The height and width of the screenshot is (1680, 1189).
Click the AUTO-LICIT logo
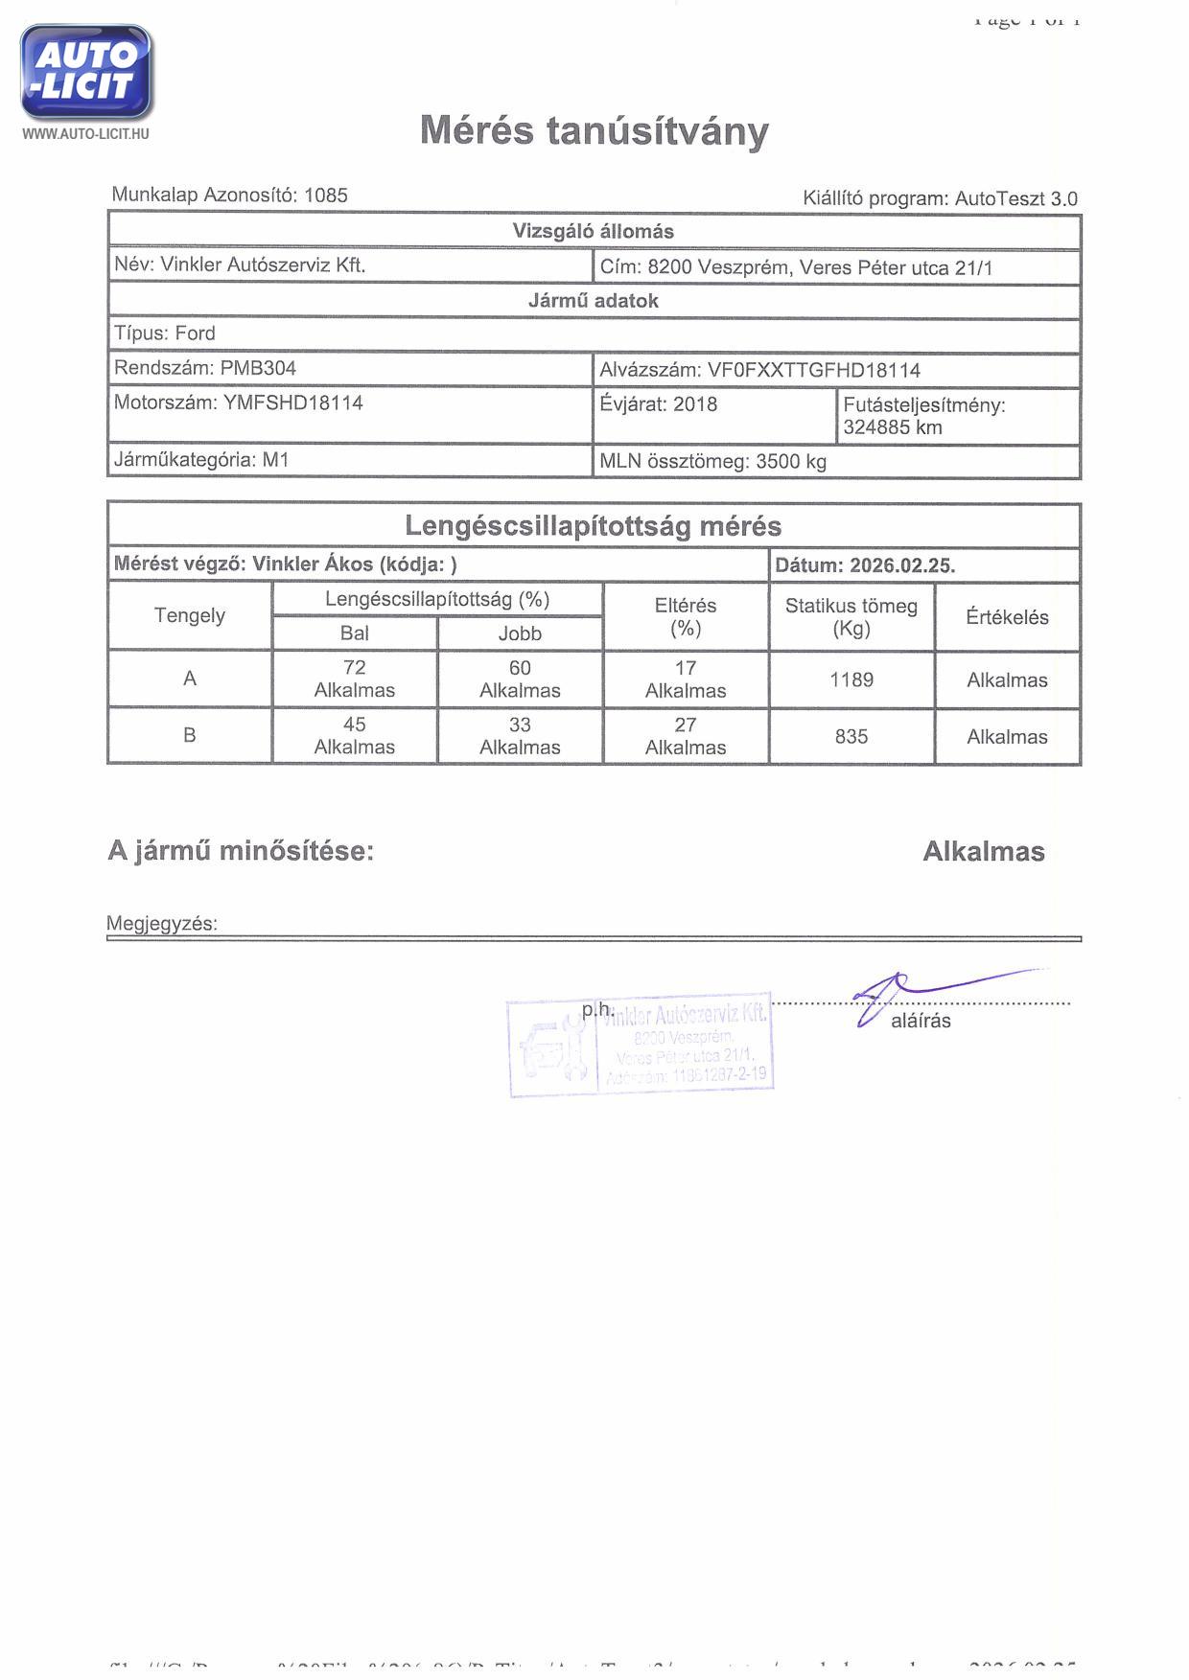(86, 72)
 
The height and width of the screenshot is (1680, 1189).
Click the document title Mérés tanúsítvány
(594, 130)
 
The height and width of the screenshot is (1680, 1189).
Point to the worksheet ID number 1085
(326, 196)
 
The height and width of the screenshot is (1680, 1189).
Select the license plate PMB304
(258, 368)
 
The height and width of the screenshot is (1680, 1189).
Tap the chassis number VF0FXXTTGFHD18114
(813, 371)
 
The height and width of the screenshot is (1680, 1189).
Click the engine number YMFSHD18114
(293, 403)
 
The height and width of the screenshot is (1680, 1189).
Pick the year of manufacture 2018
(695, 404)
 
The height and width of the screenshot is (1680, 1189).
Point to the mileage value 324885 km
(893, 427)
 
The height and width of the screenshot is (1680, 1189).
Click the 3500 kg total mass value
(791, 462)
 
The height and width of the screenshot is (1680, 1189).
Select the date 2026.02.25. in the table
(902, 565)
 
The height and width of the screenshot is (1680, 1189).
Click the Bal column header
(355, 633)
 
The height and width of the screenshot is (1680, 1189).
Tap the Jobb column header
(520, 633)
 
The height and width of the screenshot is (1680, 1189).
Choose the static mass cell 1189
(851, 680)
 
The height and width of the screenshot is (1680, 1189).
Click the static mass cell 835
(851, 737)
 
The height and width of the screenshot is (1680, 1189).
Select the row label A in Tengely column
(190, 679)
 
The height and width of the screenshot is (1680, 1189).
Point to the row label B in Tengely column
(190, 735)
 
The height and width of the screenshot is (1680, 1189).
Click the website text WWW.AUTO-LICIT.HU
(85, 134)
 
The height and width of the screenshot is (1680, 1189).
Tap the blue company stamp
(641, 1045)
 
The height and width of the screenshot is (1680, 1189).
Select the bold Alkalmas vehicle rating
(983, 852)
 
